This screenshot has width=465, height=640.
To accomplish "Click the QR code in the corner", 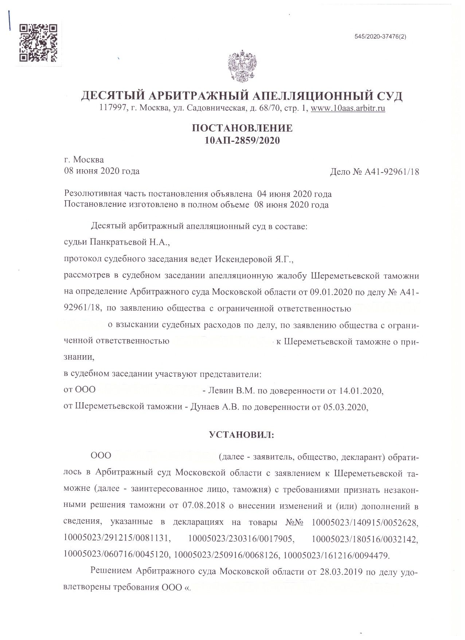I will pos(38,42).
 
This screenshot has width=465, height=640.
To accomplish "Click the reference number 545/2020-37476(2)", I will pos(380,37).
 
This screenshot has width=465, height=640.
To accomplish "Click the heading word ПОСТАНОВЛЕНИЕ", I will pos(242,128).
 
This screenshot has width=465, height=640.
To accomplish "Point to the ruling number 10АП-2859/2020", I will pos(242,140).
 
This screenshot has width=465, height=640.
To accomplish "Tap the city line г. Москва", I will pos(84,160).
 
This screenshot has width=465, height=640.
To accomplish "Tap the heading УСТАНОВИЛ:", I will pos(242,435).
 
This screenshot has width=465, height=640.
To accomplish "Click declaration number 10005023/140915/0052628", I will pos(365,522).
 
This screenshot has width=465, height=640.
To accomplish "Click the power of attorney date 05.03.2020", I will pos(344,407).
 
